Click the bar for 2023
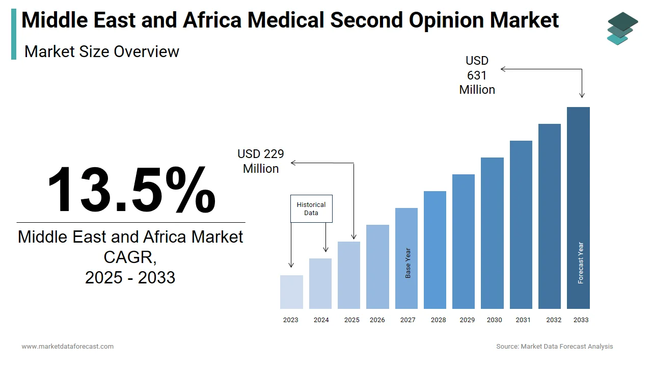[291, 292]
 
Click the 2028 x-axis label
[438, 320]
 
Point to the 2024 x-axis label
[321, 320]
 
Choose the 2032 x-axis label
[554, 320]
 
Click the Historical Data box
[311, 208]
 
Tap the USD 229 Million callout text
[261, 161]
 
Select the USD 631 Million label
[477, 75]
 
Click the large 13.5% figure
[131, 189]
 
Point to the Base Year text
[408, 263]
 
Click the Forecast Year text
[581, 263]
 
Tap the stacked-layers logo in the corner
[622, 28]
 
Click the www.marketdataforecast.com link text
[67, 347]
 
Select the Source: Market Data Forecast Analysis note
[555, 347]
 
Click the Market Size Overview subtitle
[102, 51]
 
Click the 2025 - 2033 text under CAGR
[130, 277]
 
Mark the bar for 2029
[464, 242]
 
